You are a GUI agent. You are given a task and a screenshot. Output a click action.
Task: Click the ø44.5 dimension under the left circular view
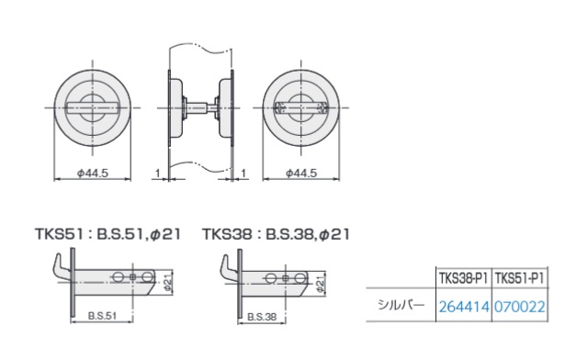[x=93, y=174]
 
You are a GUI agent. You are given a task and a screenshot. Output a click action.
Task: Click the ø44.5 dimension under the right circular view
[x=301, y=174]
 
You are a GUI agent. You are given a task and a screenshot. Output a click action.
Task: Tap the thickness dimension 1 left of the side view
[x=157, y=174]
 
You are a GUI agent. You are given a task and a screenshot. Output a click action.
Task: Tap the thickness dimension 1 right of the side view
[x=243, y=174]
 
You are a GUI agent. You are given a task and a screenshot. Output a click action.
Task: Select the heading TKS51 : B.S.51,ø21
[x=107, y=234]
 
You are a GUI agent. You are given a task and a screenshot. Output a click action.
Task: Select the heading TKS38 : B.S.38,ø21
[x=276, y=234]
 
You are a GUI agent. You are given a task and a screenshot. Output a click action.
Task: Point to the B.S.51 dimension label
[x=102, y=316]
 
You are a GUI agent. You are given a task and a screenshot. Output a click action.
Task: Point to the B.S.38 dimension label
[x=263, y=317]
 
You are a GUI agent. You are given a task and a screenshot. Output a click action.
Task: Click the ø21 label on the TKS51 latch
[x=168, y=283]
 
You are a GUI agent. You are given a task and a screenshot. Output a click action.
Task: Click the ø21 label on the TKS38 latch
[x=321, y=284]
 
